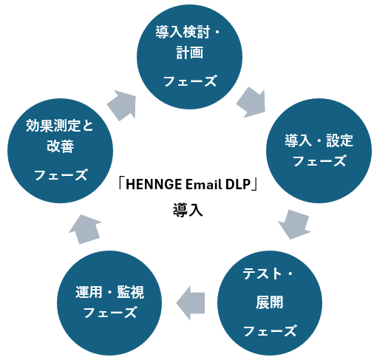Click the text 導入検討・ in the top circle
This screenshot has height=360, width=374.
(187, 32)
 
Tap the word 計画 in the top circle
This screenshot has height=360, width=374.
(190, 52)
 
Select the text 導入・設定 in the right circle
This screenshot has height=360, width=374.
(319, 140)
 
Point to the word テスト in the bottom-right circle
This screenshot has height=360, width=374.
(262, 274)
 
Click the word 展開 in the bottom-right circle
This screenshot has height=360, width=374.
(269, 302)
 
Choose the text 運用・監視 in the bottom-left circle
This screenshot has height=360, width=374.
(109, 292)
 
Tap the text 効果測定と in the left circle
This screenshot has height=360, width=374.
(60, 126)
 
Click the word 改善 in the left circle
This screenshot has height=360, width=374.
(61, 146)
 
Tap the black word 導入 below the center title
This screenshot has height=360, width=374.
(188, 210)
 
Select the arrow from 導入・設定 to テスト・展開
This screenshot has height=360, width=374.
(295, 224)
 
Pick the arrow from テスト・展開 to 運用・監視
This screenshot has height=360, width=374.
(191, 303)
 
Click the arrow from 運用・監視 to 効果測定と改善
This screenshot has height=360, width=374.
(85, 229)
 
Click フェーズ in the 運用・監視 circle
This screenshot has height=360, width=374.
(110, 312)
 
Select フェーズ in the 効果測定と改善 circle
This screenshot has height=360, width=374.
(61, 174)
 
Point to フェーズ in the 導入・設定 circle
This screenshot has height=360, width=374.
(319, 160)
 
